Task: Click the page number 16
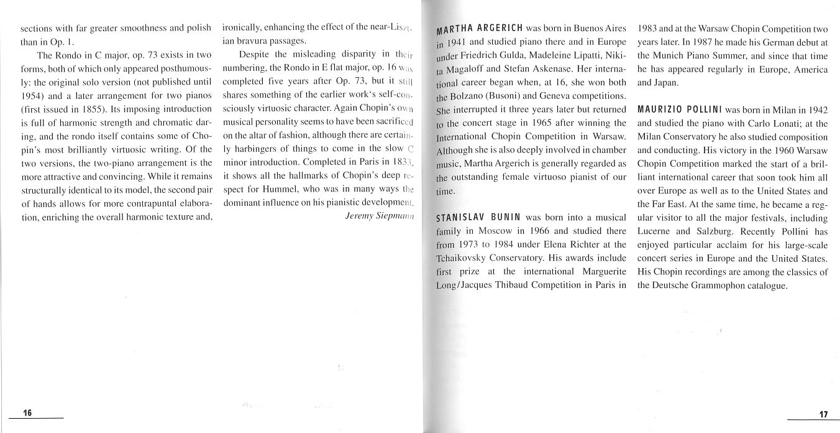pyautogui.click(x=27, y=414)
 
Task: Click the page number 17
pyautogui.click(x=824, y=414)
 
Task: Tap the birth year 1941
pyautogui.click(x=456, y=42)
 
